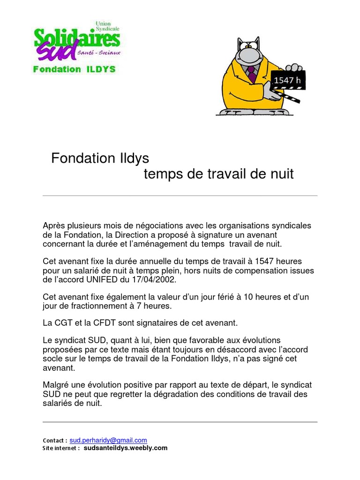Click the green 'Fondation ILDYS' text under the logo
74,69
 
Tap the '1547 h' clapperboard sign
287,80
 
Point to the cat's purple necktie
252,73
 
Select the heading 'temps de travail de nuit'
218,174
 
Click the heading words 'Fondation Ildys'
100,158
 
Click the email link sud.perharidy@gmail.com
108,440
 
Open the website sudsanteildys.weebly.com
125,448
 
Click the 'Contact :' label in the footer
55,441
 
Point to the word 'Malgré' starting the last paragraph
55,385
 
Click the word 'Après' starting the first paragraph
53,226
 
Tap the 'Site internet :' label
61,448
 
